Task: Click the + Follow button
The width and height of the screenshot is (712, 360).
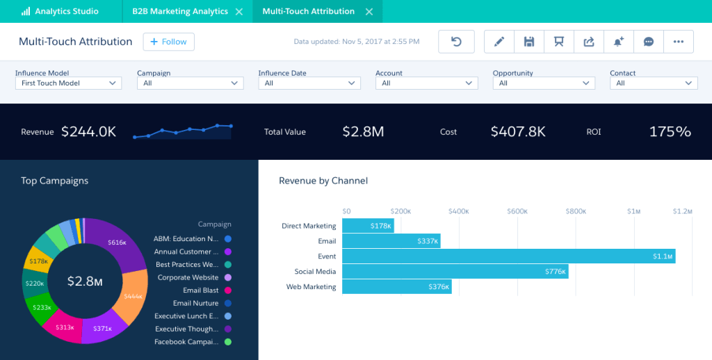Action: point(168,42)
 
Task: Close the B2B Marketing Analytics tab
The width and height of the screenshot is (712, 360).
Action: point(239,12)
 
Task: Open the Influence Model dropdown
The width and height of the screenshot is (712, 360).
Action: point(68,83)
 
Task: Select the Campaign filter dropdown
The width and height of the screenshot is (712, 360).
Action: point(190,83)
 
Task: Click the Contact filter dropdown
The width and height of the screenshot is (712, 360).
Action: point(653,83)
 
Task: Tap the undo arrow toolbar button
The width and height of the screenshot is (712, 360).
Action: point(456,42)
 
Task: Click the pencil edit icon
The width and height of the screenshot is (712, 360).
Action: point(499,42)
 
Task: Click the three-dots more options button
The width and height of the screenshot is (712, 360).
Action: point(678,42)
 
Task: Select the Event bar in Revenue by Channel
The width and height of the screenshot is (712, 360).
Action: point(508,256)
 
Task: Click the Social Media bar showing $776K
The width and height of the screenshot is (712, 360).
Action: point(455,272)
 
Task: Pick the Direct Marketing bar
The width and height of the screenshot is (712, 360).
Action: point(368,226)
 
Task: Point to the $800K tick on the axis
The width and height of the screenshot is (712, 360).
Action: point(575,211)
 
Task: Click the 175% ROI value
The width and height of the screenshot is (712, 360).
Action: point(670,131)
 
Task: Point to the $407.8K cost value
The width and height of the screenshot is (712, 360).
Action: point(517,131)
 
